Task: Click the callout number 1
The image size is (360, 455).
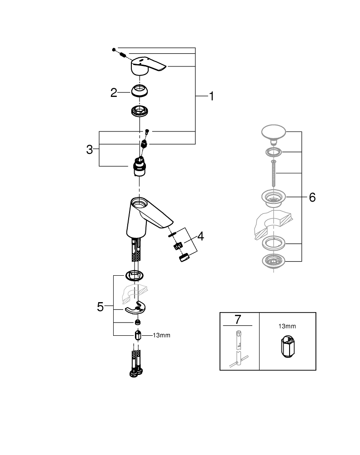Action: point(211,96)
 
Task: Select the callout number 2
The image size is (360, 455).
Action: point(114,93)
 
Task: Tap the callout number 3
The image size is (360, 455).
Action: point(90,149)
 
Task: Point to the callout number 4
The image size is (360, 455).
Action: point(200,236)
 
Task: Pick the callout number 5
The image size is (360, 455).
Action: point(100,307)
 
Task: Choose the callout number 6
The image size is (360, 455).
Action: point(312,197)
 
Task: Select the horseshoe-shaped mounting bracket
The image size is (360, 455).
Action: point(136,308)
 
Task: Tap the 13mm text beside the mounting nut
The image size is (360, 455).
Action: point(161,335)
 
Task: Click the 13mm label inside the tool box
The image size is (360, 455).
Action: point(287,326)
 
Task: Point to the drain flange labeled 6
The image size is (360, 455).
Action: point(273,197)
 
